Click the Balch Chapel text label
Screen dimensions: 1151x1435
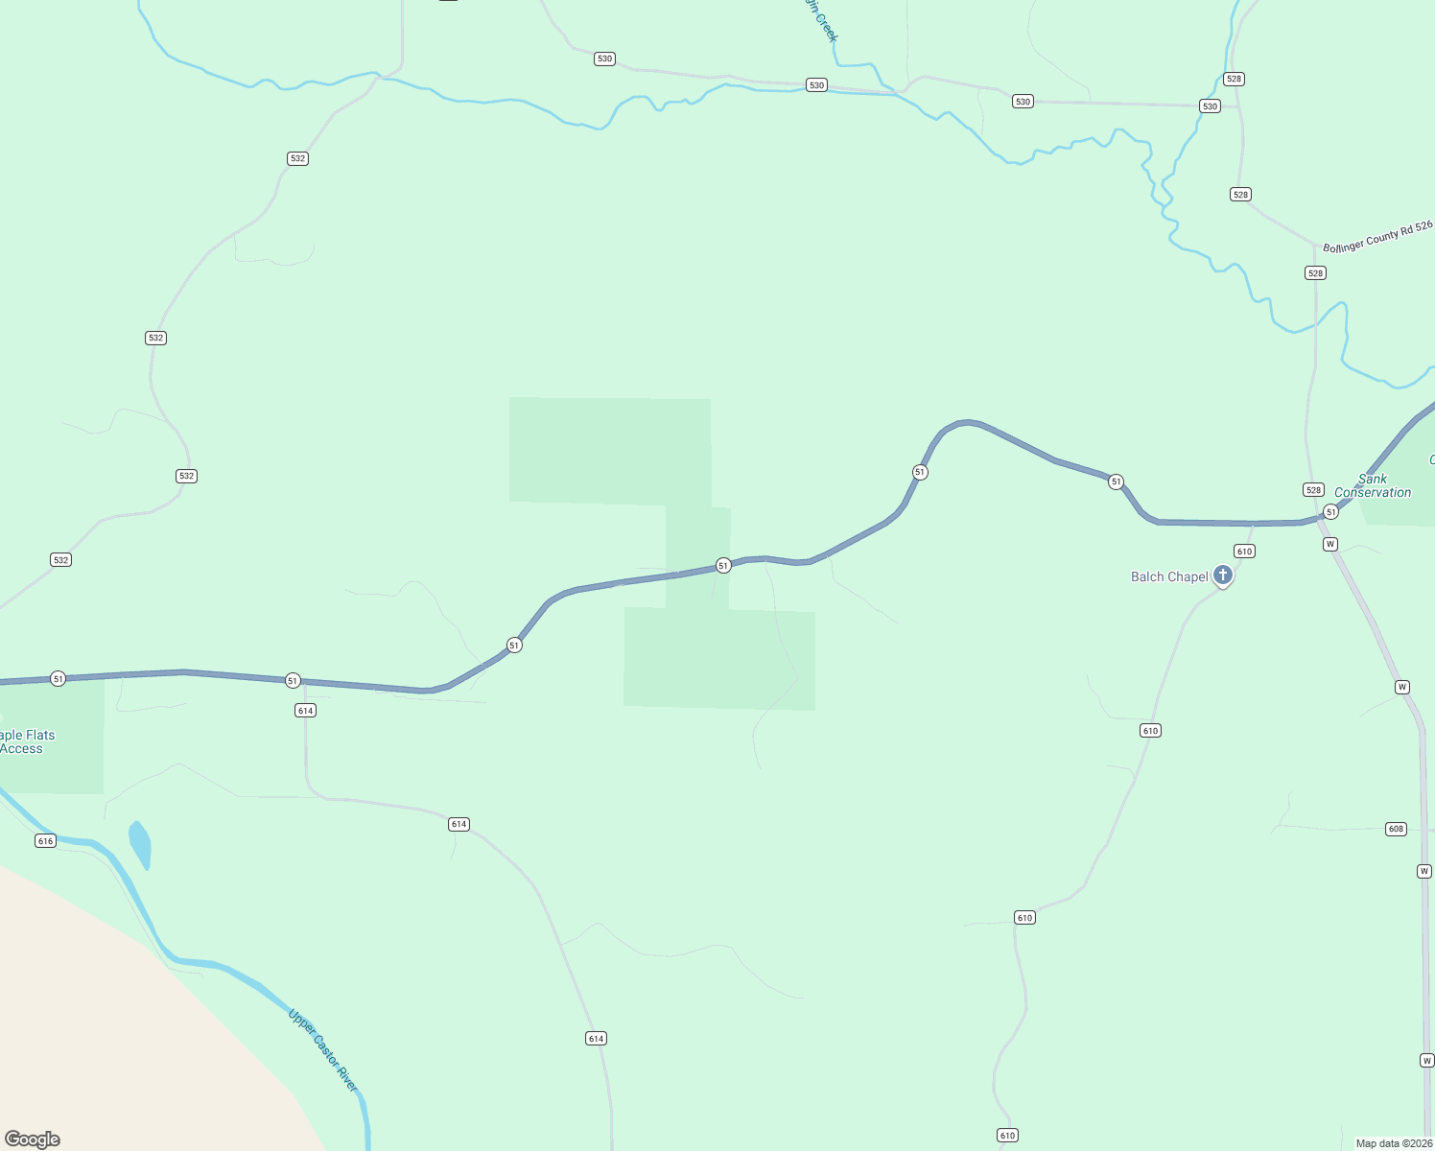[x=1169, y=576]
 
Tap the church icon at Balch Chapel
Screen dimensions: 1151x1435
[x=1223, y=575]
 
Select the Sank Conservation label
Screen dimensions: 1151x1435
[x=1373, y=485]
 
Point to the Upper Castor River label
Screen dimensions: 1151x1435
[x=323, y=1049]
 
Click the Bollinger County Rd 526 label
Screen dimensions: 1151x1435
[x=1377, y=236]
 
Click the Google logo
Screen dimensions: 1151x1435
[x=33, y=1139]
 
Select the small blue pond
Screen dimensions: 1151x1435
[x=140, y=845]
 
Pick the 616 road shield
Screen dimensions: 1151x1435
[x=45, y=841]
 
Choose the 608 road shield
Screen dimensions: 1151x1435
[x=1396, y=829]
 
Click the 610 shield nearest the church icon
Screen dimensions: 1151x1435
[x=1244, y=552]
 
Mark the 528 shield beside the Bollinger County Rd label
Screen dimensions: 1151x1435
[x=1315, y=273]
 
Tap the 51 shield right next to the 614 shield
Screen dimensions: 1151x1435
[x=293, y=680]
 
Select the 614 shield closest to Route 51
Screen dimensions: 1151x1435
[x=305, y=711]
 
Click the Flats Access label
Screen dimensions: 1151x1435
[x=27, y=742]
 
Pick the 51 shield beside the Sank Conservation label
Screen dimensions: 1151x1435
[x=1330, y=512]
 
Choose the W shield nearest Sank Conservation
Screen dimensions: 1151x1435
[x=1329, y=545]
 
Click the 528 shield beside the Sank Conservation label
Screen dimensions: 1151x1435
[x=1313, y=490]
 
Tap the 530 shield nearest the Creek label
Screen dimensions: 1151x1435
[x=816, y=85]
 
